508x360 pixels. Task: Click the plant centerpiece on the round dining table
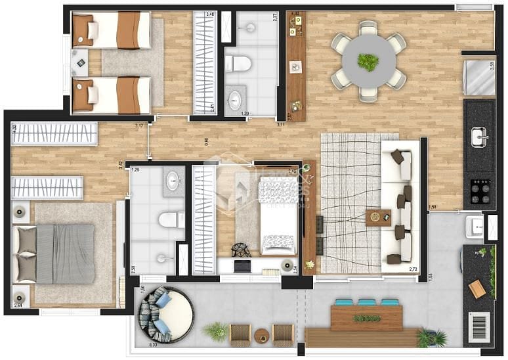pos(368,62)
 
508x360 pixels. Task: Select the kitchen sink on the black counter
pos(479,137)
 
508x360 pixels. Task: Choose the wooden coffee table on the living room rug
pos(377,217)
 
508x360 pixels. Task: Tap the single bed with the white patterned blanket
pos(278,215)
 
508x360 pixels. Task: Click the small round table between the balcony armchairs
pos(261,334)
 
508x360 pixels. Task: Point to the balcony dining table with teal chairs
pos(366,318)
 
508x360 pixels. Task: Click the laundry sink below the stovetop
pos(475,227)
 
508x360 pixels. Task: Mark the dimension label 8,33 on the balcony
pos(154,344)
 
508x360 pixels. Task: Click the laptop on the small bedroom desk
pos(242,266)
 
